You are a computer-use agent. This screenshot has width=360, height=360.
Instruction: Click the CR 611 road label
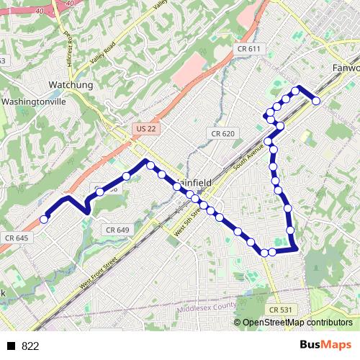coord(248,48)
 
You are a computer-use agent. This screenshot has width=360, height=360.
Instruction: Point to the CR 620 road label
coord(223,134)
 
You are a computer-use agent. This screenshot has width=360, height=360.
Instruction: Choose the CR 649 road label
coord(117,230)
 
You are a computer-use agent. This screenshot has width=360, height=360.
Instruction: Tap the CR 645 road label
coord(16,238)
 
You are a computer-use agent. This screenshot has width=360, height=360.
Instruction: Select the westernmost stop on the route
coord(44,219)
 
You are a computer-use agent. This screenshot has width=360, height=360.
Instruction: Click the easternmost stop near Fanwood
coord(315,101)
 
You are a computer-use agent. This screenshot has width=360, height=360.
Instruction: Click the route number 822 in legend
coord(30,346)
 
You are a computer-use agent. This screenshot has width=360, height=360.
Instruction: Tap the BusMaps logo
coord(325,345)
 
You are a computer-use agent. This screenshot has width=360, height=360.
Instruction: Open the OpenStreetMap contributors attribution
coord(296,323)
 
